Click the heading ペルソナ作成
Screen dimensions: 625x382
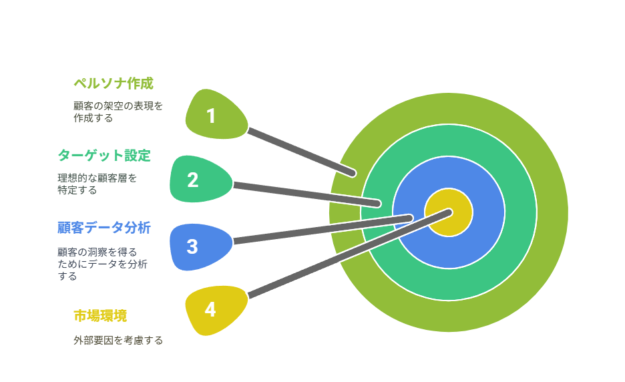click(x=114, y=83)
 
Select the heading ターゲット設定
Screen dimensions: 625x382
click(x=104, y=156)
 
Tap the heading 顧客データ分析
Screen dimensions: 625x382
click(x=104, y=228)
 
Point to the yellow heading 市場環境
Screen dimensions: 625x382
click(x=100, y=316)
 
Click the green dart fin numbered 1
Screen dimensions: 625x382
click(x=216, y=115)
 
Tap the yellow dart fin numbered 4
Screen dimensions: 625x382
click(x=216, y=310)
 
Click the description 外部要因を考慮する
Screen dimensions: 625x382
click(x=118, y=341)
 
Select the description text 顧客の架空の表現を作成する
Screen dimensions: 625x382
click(x=118, y=112)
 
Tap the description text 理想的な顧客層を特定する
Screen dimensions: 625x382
click(x=97, y=184)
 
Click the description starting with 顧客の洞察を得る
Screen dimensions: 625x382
click(x=103, y=264)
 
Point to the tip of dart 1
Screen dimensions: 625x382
click(x=353, y=174)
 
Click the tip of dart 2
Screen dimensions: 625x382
click(x=378, y=204)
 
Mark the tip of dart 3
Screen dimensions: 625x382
click(x=410, y=218)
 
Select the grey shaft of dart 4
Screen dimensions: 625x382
click(x=349, y=254)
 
